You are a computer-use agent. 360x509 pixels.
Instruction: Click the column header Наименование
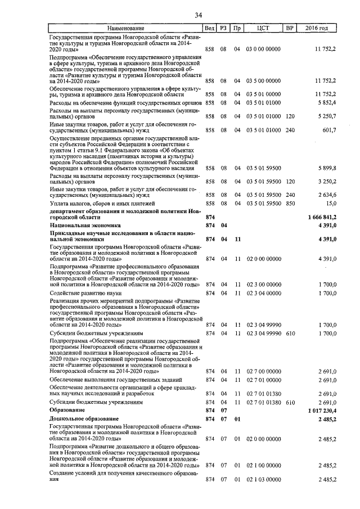[x=126, y=28]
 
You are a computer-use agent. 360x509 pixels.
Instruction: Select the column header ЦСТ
[x=263, y=28]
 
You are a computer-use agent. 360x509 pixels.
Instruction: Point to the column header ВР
[x=290, y=28]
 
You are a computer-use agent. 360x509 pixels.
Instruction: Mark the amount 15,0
[x=331, y=203]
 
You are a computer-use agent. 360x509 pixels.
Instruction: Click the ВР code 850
[x=290, y=203]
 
